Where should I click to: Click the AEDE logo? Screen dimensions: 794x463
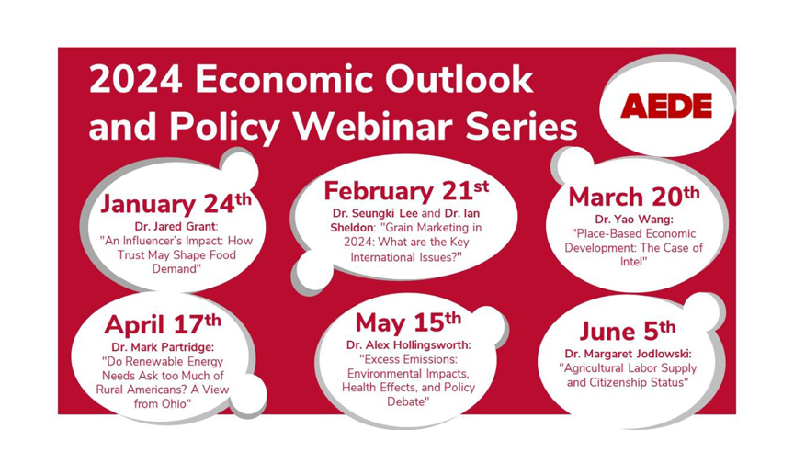click(666, 106)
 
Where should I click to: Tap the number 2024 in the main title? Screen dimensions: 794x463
click(135, 79)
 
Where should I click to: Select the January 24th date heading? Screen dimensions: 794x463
click(176, 203)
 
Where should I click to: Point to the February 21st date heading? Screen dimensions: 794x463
click(406, 190)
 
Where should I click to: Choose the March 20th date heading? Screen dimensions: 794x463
click(634, 197)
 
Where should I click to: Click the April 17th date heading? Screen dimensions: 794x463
click(163, 324)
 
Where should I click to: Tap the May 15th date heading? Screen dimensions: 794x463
click(408, 322)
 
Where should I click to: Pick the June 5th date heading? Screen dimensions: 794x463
click(628, 331)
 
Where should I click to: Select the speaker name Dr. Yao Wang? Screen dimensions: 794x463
click(633, 220)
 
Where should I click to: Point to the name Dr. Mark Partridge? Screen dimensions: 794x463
click(163, 347)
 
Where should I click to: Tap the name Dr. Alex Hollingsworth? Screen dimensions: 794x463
click(409, 344)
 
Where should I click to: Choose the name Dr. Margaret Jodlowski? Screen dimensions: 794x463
click(628, 354)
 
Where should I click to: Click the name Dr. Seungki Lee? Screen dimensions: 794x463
click(375, 213)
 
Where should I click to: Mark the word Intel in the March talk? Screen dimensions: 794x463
click(633, 262)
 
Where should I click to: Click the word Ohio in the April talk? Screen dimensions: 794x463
click(176, 403)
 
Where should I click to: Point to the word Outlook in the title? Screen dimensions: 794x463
click(459, 79)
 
